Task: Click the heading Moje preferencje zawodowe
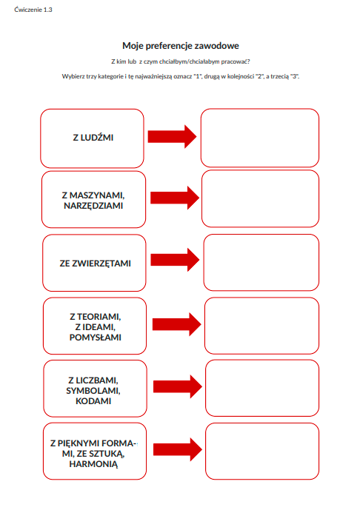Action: [180, 45]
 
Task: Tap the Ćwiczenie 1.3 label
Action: [29, 10]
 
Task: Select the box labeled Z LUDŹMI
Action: [93, 138]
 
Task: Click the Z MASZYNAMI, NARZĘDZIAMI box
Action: [93, 200]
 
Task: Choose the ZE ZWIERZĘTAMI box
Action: [94, 263]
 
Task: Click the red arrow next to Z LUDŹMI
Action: [172, 136]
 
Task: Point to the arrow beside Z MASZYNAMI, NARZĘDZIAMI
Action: [175, 197]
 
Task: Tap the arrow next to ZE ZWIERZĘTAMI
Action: [176, 259]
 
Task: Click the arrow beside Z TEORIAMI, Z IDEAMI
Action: [177, 323]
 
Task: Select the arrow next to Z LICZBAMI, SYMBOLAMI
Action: [178, 386]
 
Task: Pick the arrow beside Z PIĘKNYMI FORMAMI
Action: [178, 449]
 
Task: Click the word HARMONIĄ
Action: [93, 464]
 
